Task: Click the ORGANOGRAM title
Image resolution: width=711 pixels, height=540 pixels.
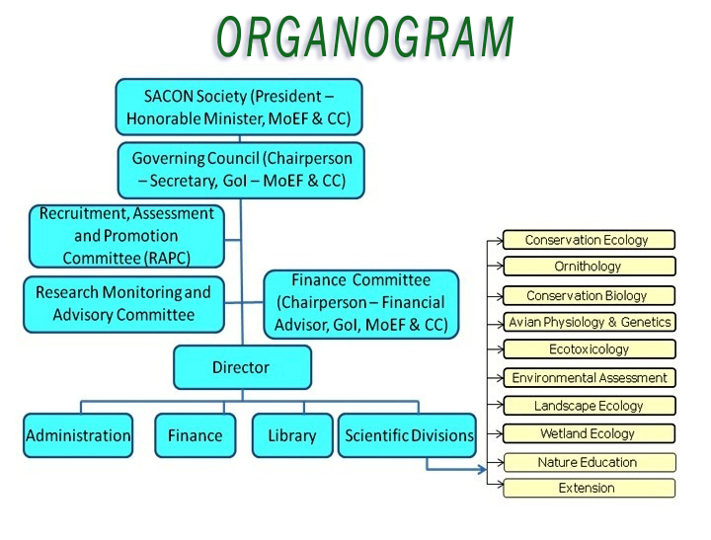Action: click(x=364, y=38)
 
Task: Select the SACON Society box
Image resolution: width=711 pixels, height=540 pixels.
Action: click(x=239, y=107)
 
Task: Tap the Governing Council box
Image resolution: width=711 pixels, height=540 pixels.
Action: click(x=241, y=170)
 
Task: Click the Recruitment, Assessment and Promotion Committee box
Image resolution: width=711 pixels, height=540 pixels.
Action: click(x=126, y=236)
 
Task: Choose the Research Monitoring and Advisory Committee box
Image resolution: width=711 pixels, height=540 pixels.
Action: click(x=123, y=304)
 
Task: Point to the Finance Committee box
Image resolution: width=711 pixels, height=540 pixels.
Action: click(x=361, y=304)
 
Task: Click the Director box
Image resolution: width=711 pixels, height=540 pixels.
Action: click(x=242, y=367)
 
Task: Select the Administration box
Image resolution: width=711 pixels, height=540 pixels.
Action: click(x=78, y=435)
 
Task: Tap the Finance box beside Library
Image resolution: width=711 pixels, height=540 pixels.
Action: click(x=195, y=435)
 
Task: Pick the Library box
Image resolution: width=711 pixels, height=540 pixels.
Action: click(x=292, y=435)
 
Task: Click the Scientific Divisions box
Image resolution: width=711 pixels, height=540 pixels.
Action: click(x=407, y=435)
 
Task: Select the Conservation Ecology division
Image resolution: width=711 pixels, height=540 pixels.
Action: click(x=589, y=240)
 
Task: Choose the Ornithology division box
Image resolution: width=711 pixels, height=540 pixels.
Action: click(x=589, y=267)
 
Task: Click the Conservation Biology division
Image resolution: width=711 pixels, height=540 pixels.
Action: click(x=589, y=295)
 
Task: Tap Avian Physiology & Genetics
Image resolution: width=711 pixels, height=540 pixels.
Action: click(x=590, y=322)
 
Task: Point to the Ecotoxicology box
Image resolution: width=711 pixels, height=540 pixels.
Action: click(x=590, y=349)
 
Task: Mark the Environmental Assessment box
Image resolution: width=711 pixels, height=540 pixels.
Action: click(x=590, y=378)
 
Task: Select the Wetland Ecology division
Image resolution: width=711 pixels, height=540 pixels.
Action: click(x=589, y=433)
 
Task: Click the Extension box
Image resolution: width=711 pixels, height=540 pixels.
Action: click(x=589, y=488)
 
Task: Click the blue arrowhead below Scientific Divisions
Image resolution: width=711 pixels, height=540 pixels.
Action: click(x=483, y=470)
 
